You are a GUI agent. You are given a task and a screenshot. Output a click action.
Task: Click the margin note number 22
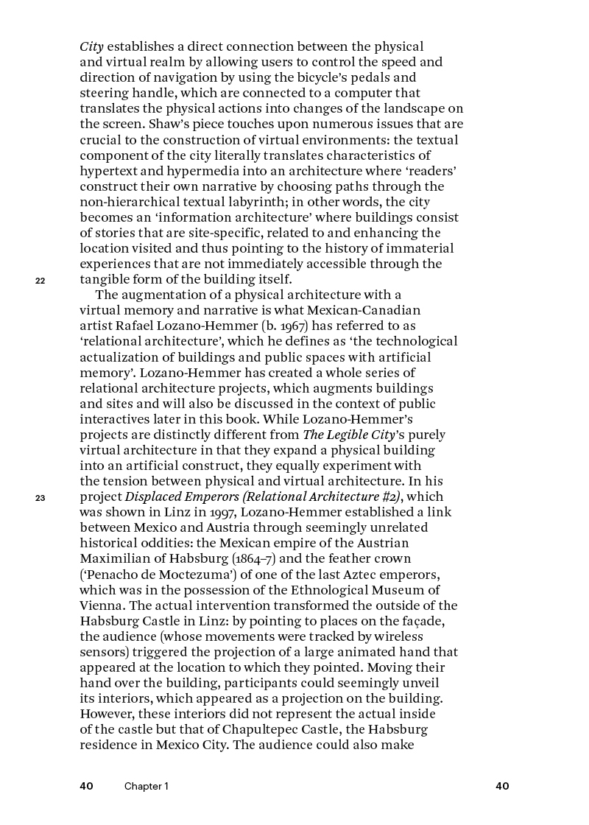pyautogui.click(x=40, y=281)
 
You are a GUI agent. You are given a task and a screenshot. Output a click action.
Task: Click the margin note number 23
pyautogui.click(x=40, y=498)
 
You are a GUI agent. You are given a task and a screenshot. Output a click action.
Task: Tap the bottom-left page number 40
pyautogui.click(x=87, y=786)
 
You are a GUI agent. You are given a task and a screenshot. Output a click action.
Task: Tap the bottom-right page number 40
pyautogui.click(x=502, y=786)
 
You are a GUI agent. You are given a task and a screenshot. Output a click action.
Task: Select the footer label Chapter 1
pyautogui.click(x=146, y=787)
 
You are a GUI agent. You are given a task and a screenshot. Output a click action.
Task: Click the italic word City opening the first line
pyautogui.click(x=91, y=47)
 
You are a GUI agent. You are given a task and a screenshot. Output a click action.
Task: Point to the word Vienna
pyautogui.click(x=102, y=605)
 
